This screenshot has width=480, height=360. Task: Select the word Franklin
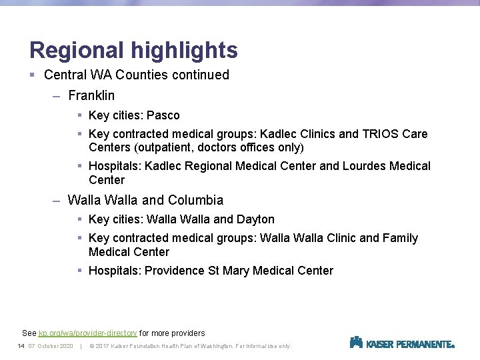(91, 95)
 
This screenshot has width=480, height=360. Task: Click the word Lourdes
(365, 166)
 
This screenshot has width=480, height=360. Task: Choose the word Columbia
(195, 200)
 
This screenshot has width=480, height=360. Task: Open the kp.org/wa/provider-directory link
(87, 333)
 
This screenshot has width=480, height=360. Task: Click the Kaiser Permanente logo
(402, 343)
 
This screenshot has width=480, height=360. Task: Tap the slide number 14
(21, 346)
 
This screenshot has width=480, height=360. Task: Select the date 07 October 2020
(51, 346)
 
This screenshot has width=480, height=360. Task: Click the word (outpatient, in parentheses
(169, 147)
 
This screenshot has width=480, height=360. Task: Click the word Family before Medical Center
(400, 238)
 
